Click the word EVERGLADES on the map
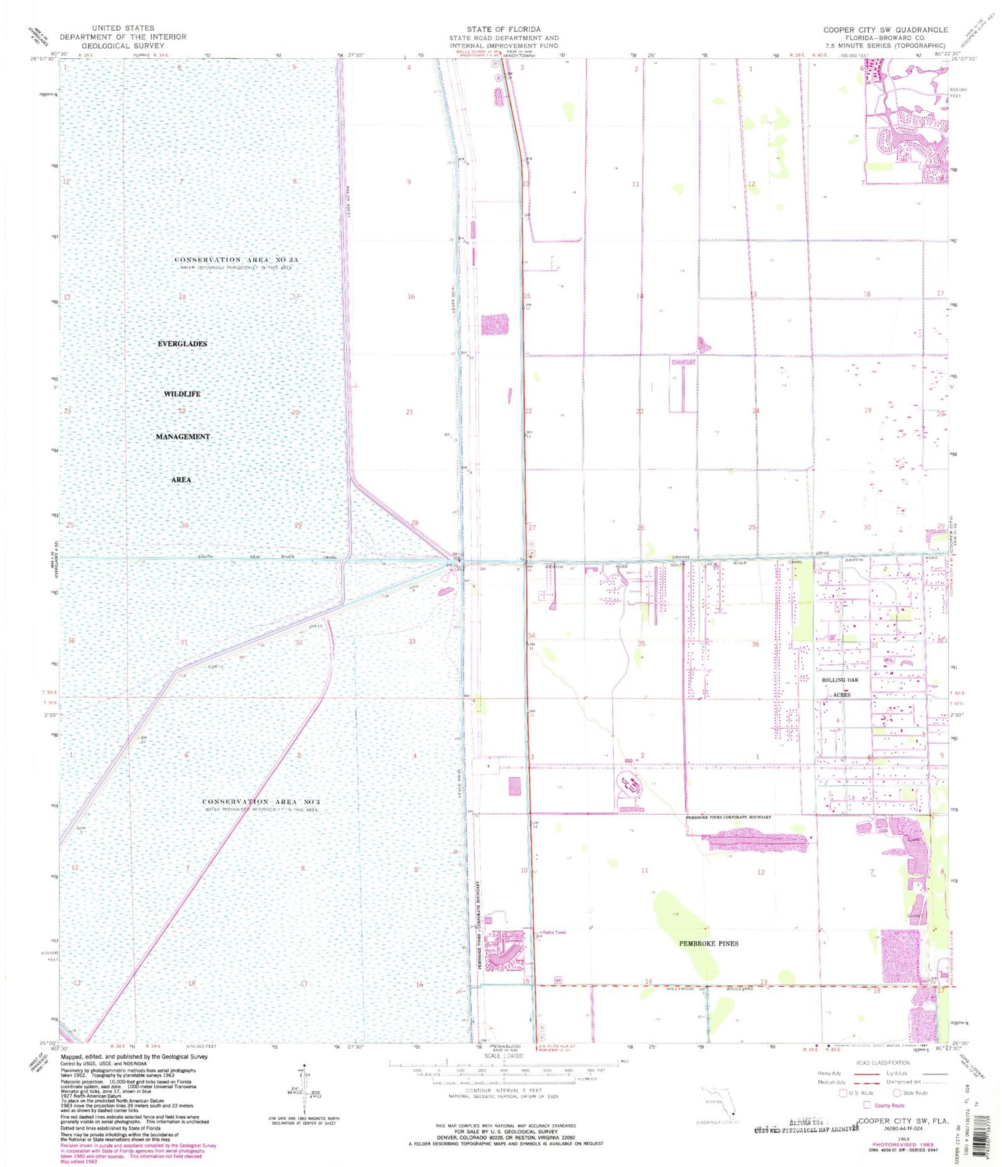(182, 344)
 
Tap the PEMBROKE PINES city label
(709, 943)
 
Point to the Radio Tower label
(554, 932)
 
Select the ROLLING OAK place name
(840, 680)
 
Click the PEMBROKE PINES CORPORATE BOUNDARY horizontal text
(728, 817)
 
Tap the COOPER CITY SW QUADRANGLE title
(885, 29)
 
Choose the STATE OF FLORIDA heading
(504, 29)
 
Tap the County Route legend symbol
(868, 1105)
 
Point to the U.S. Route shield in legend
(844, 1093)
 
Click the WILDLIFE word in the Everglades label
(182, 394)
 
